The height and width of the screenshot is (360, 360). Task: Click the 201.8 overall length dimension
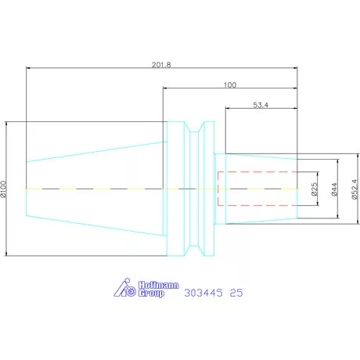coord(161,65)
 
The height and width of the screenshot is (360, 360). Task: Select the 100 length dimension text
coord(230,85)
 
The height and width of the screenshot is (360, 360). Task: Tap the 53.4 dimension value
coord(261,105)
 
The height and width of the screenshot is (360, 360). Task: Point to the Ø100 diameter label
coord(3,189)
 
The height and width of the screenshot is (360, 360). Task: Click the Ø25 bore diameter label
coord(315,189)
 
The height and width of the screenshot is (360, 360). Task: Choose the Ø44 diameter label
coord(334,189)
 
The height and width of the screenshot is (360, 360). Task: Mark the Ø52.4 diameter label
coord(355,189)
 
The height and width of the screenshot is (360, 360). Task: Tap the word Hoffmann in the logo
coord(159,285)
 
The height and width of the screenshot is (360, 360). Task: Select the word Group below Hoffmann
coord(151,293)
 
